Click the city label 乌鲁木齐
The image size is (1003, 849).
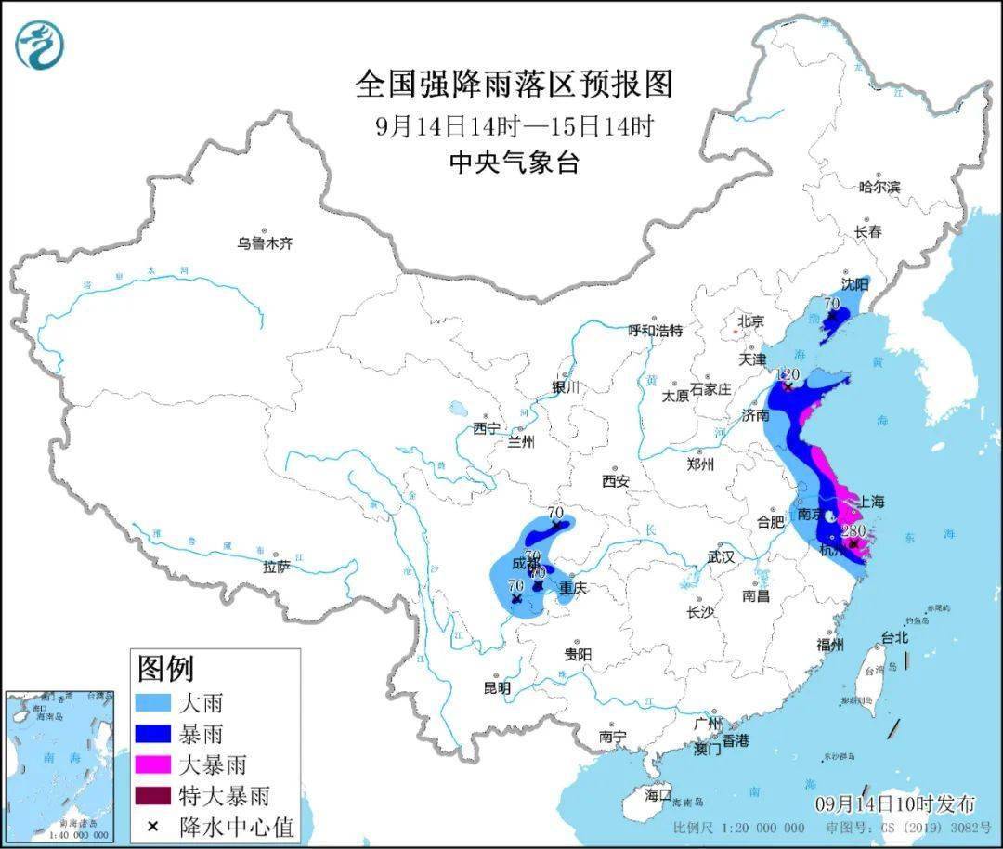[265, 243]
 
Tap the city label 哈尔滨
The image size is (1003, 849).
[879, 187]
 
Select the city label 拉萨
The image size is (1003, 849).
[277, 566]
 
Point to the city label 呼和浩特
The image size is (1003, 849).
[655, 331]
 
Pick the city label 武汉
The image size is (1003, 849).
[720, 557]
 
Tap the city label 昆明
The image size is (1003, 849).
[497, 688]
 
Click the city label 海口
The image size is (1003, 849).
[658, 795]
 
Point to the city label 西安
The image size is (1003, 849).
[615, 481]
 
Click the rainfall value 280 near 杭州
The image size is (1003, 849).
[853, 530]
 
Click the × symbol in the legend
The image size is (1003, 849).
[153, 825]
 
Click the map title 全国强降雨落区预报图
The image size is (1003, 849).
[514, 85]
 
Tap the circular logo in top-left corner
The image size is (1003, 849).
[40, 44]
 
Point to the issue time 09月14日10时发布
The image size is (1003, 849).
[894, 803]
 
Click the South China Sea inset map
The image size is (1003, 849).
[59, 765]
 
